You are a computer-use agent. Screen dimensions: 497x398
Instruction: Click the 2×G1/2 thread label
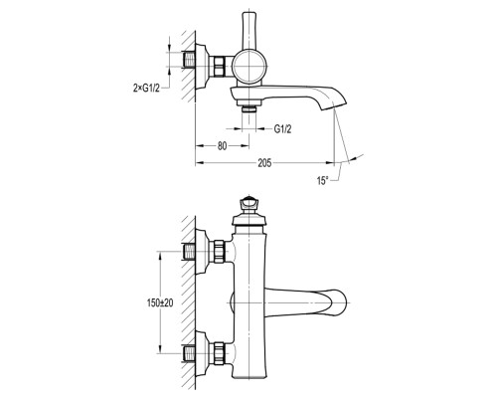click(x=146, y=89)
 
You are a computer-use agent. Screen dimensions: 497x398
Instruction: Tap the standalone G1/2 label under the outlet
click(x=282, y=129)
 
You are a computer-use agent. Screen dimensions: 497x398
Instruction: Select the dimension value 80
click(x=223, y=146)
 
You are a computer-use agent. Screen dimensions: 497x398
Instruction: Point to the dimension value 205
click(x=264, y=163)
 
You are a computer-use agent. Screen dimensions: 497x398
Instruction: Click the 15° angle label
click(x=322, y=181)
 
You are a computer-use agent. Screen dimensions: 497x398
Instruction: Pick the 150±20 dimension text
click(x=160, y=302)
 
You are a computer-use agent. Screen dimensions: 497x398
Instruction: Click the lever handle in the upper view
click(x=248, y=31)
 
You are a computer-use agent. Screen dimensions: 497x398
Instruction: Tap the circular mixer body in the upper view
click(x=248, y=67)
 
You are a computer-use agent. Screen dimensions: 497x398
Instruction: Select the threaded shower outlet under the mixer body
click(x=248, y=108)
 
